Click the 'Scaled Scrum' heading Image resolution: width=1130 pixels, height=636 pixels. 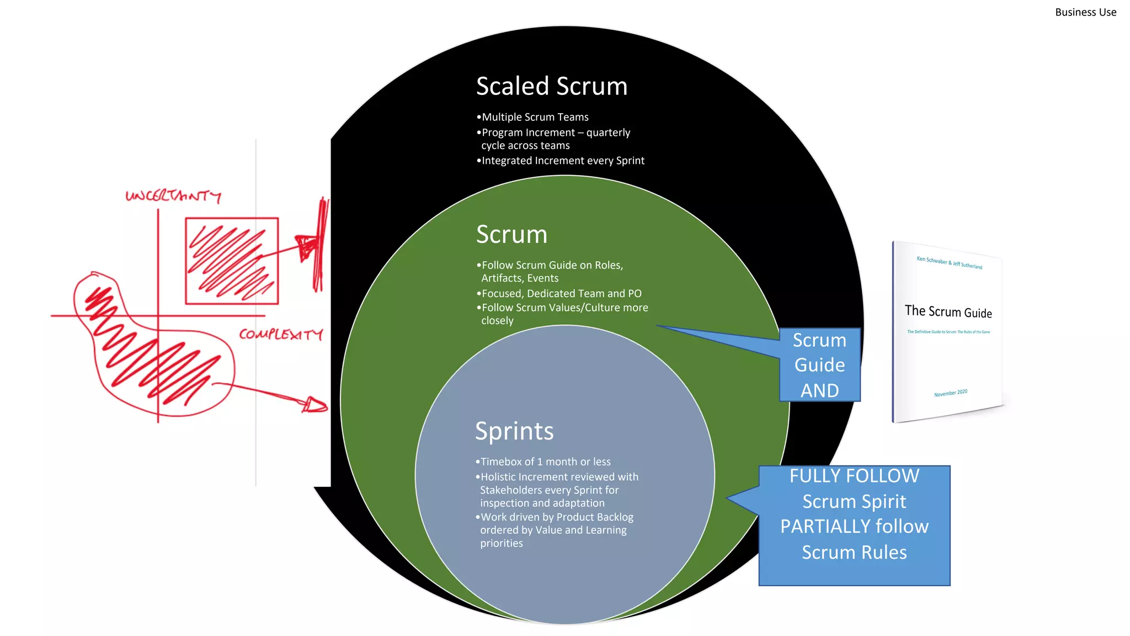(x=551, y=87)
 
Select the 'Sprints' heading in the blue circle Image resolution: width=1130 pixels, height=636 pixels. (x=514, y=431)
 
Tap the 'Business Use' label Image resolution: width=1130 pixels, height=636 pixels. (x=1085, y=12)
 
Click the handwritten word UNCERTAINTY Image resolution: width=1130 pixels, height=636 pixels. (x=173, y=196)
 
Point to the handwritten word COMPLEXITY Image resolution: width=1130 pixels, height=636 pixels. (x=280, y=334)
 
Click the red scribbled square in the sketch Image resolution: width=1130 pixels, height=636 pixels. (x=231, y=261)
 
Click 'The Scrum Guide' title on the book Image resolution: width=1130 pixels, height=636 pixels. (x=948, y=312)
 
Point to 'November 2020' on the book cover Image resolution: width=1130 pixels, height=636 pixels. (x=950, y=393)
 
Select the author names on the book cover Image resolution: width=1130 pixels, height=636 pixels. (x=949, y=262)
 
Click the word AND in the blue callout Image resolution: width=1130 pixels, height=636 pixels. (x=819, y=390)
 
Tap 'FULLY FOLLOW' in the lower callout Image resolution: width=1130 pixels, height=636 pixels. (x=854, y=476)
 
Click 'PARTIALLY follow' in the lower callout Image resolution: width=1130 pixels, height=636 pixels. (x=854, y=527)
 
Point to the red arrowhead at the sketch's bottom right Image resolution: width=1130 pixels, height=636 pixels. (x=316, y=405)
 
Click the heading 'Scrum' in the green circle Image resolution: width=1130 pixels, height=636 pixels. (x=511, y=235)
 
